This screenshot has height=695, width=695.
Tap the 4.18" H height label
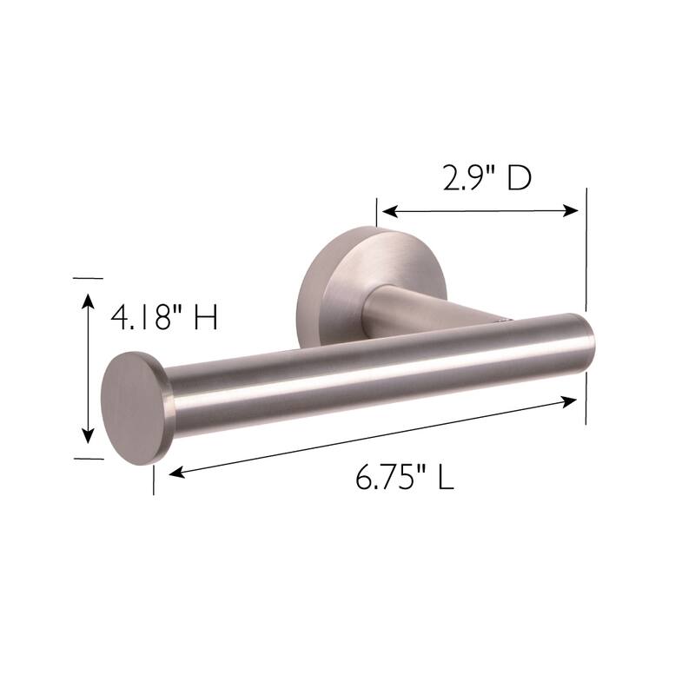point(162,318)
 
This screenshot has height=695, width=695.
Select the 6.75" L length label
point(404,477)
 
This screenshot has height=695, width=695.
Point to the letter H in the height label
point(204,318)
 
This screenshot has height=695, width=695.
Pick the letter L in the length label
point(445,477)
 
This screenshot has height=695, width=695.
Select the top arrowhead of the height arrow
point(87,299)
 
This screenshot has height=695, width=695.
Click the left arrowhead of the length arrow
point(174,473)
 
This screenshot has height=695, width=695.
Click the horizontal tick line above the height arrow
point(88,278)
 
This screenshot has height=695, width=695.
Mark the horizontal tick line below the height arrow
point(88,457)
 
